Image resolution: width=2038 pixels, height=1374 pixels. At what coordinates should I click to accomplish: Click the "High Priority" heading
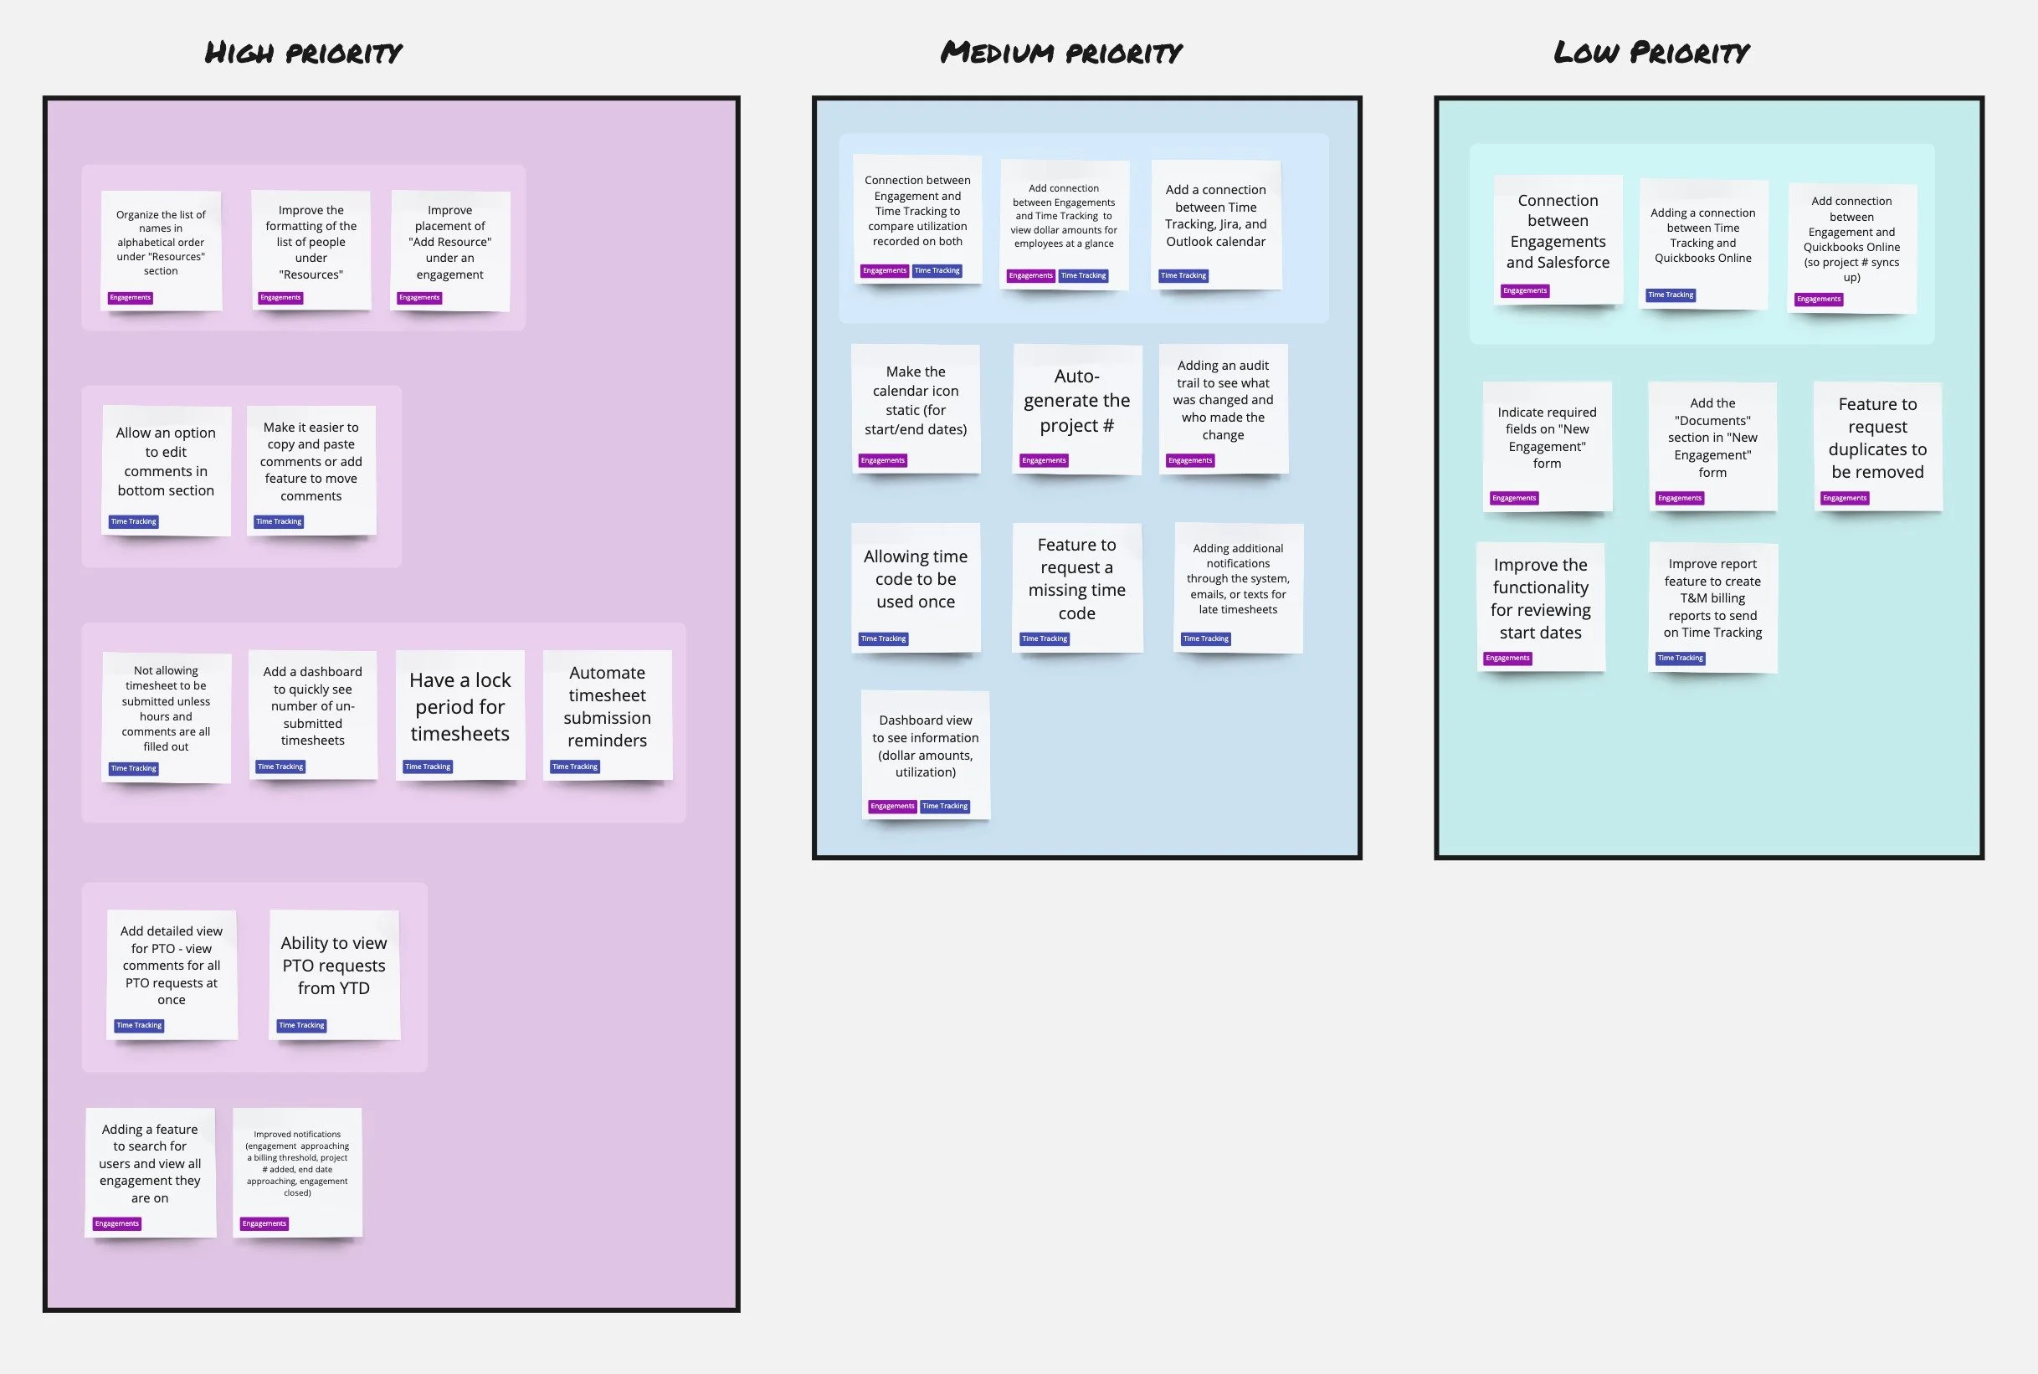(303, 54)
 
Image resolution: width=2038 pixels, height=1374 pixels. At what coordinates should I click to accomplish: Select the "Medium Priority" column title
(1061, 54)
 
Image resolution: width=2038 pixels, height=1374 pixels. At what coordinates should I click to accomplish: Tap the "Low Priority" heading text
(1651, 53)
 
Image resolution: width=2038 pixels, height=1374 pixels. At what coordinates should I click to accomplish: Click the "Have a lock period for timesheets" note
(460, 707)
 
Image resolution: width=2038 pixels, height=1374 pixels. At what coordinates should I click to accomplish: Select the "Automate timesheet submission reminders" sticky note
(607, 706)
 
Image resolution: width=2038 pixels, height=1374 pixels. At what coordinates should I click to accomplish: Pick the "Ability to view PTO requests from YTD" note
(334, 966)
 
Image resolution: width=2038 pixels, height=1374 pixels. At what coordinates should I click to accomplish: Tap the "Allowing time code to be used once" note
(916, 579)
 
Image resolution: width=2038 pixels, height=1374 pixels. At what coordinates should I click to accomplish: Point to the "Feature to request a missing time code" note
(1077, 579)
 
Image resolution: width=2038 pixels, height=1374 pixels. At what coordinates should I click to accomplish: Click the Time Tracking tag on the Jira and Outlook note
(1183, 276)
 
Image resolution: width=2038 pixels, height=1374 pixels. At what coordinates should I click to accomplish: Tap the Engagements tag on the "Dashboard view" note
(892, 806)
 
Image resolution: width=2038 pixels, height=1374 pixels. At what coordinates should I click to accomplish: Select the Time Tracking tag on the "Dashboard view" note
(945, 806)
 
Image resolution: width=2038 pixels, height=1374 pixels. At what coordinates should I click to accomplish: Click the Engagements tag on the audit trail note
(1190, 461)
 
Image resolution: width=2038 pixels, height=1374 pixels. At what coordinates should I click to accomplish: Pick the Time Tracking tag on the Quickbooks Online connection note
(1671, 295)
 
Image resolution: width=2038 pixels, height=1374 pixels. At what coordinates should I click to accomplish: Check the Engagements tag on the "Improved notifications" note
(264, 1224)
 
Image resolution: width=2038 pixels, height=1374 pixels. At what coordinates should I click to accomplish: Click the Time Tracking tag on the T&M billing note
(1681, 658)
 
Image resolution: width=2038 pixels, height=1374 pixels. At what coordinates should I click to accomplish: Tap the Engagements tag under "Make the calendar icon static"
(882, 461)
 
